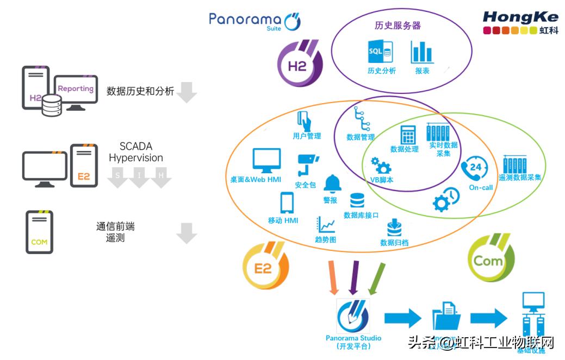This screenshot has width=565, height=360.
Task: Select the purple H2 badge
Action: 298,63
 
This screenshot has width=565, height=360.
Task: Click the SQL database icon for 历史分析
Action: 381,52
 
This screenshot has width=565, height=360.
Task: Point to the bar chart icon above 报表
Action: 422,52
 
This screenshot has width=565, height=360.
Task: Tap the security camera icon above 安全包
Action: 307,166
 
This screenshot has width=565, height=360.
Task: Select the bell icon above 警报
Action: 332,184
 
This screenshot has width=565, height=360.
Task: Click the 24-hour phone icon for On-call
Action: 475,168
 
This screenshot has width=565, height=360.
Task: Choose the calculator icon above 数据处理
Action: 408,135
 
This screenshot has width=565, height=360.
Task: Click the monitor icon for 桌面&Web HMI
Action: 266,161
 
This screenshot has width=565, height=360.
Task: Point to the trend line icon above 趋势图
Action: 326,224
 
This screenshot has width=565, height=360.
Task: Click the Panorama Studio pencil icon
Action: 353,316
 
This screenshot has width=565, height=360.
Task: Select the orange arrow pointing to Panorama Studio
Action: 333,278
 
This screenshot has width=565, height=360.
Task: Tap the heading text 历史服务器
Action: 398,25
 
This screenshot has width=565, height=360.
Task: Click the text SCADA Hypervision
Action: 135,153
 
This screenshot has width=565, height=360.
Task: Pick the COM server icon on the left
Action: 39,232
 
